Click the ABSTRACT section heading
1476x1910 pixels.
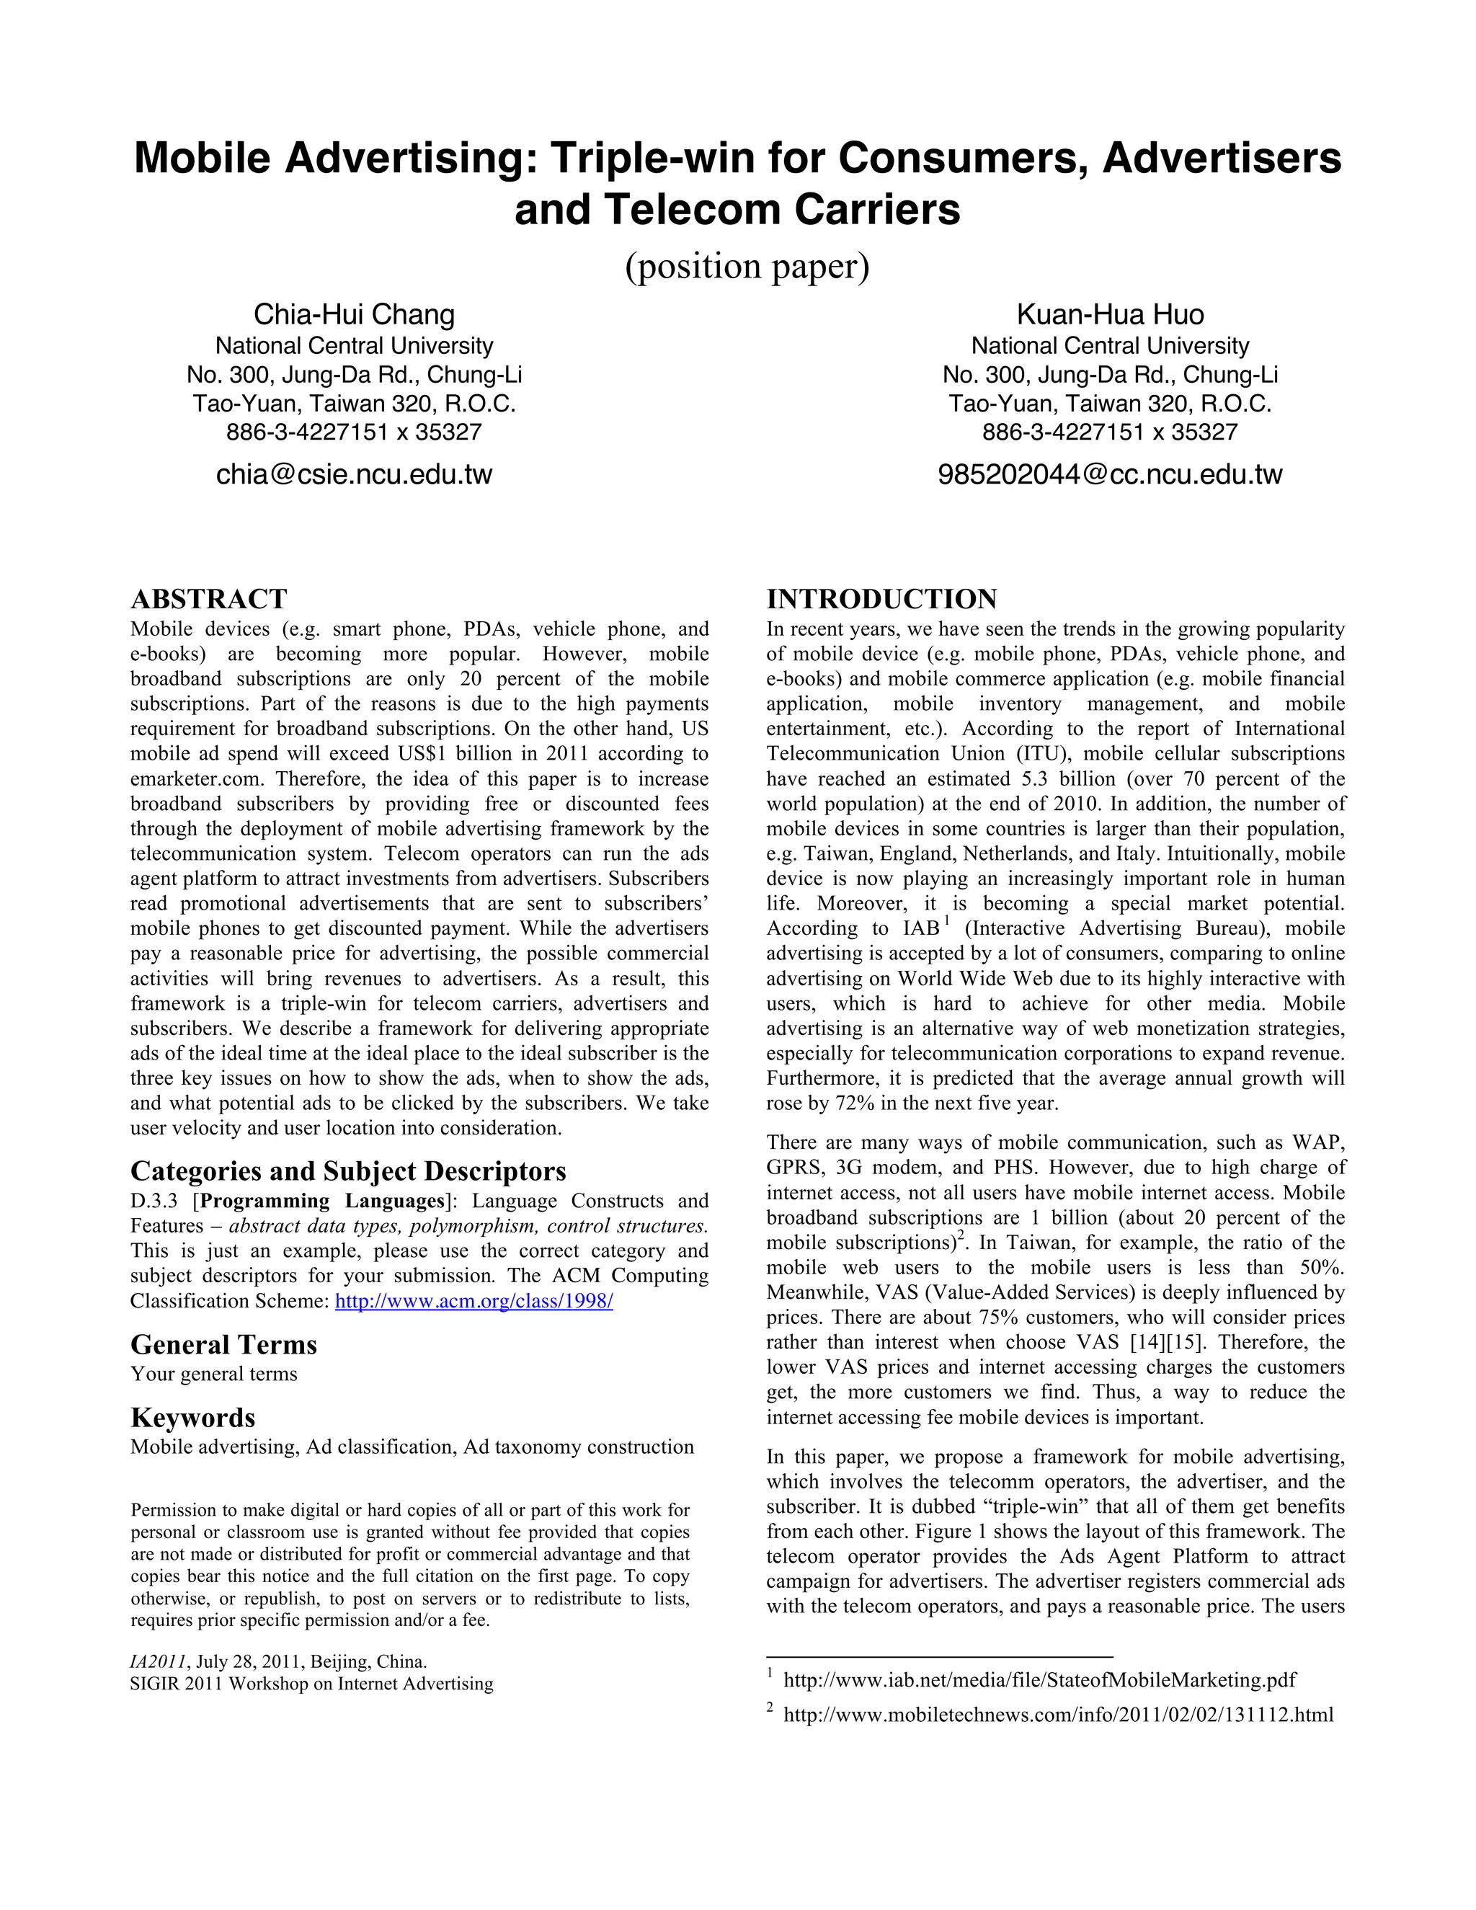pos(208,599)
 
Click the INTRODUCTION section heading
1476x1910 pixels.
pos(881,599)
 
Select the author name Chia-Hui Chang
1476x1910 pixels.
pos(354,315)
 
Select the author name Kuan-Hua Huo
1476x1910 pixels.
pos(1110,315)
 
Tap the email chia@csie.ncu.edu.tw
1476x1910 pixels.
pos(354,475)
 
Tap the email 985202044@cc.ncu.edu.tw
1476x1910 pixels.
pos(1110,475)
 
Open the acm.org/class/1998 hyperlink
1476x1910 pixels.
pos(474,1301)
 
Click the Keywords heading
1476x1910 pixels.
pos(192,1418)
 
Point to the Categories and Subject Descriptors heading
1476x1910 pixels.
pos(348,1171)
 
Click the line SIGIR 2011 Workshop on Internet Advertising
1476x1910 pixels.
pos(311,1684)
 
